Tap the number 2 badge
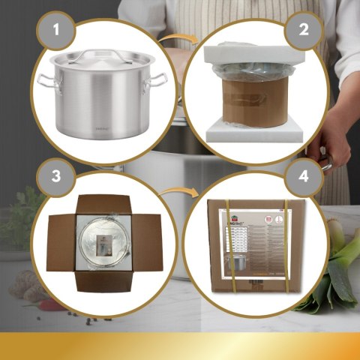[x=304, y=31]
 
